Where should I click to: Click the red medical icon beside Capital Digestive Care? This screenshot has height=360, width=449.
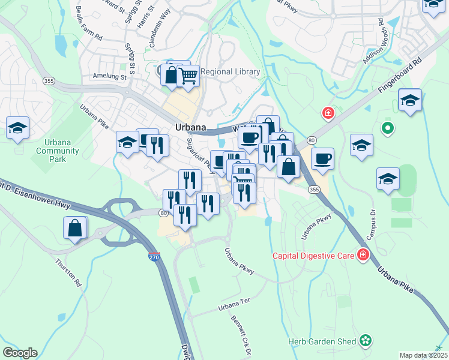(363, 256)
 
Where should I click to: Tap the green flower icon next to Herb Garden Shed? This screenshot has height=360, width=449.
(365, 341)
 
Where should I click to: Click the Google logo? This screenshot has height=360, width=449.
(20, 353)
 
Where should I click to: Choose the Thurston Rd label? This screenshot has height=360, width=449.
(68, 271)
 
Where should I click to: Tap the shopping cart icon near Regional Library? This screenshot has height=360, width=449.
(188, 76)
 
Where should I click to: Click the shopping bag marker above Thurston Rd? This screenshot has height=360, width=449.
(75, 228)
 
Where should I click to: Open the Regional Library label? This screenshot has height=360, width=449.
(230, 72)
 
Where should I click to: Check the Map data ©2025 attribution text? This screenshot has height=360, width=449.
(423, 355)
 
